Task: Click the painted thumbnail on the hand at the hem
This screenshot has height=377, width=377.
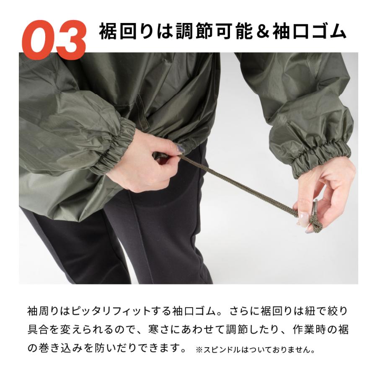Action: point(180,148)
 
